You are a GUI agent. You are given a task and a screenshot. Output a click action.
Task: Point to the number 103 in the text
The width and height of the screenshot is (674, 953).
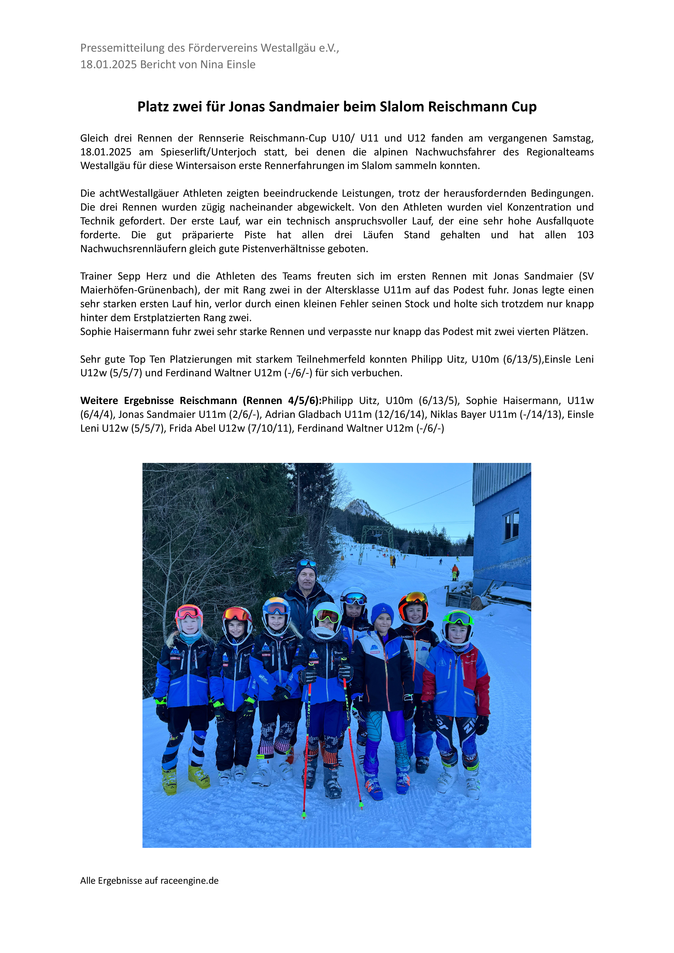coord(585,235)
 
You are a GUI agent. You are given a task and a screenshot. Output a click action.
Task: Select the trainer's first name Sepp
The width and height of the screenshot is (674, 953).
coord(129,277)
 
